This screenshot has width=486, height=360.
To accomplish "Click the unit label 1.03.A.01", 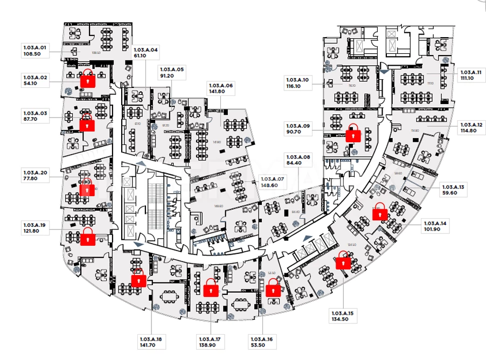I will point(36,47).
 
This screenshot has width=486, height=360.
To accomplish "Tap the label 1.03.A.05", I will point(171,70).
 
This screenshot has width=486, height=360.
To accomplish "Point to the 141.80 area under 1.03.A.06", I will point(217,92).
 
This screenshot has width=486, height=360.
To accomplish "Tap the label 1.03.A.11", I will point(469,72).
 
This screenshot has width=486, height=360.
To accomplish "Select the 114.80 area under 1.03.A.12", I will point(466,130).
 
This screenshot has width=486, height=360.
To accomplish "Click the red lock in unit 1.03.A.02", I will point(88,79).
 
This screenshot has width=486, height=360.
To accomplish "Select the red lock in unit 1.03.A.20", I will point(87,189).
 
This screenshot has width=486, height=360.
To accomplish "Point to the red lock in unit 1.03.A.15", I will point(343,261).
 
